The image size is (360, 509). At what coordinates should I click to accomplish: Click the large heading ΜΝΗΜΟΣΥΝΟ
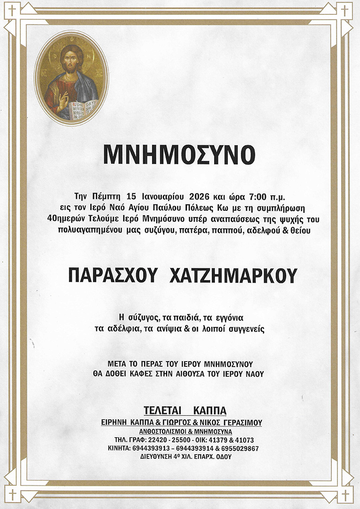click(x=179, y=155)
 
